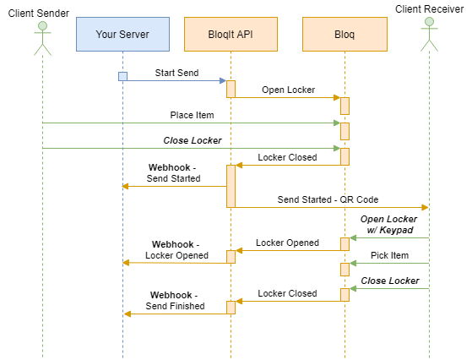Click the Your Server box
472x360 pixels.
(x=122, y=34)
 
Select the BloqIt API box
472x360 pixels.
(x=231, y=34)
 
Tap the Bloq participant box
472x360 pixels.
(x=345, y=34)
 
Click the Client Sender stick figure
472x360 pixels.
(x=42, y=39)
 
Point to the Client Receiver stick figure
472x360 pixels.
(x=429, y=35)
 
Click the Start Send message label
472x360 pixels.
(x=176, y=73)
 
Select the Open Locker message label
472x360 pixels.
(x=289, y=90)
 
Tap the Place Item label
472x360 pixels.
(x=192, y=115)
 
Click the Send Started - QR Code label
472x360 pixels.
(x=328, y=199)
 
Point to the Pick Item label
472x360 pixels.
(x=389, y=255)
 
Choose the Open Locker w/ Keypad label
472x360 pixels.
(x=388, y=225)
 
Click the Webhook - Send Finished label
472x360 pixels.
(x=175, y=300)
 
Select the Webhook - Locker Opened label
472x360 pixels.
(x=176, y=250)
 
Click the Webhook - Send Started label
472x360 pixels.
(x=173, y=173)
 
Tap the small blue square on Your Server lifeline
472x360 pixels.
(x=122, y=77)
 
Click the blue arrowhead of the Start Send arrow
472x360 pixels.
(x=223, y=81)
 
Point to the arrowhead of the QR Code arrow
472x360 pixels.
(x=425, y=207)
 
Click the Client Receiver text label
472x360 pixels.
(x=429, y=9)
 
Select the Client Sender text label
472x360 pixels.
(x=39, y=14)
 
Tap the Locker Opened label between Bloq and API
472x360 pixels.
(x=287, y=243)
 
